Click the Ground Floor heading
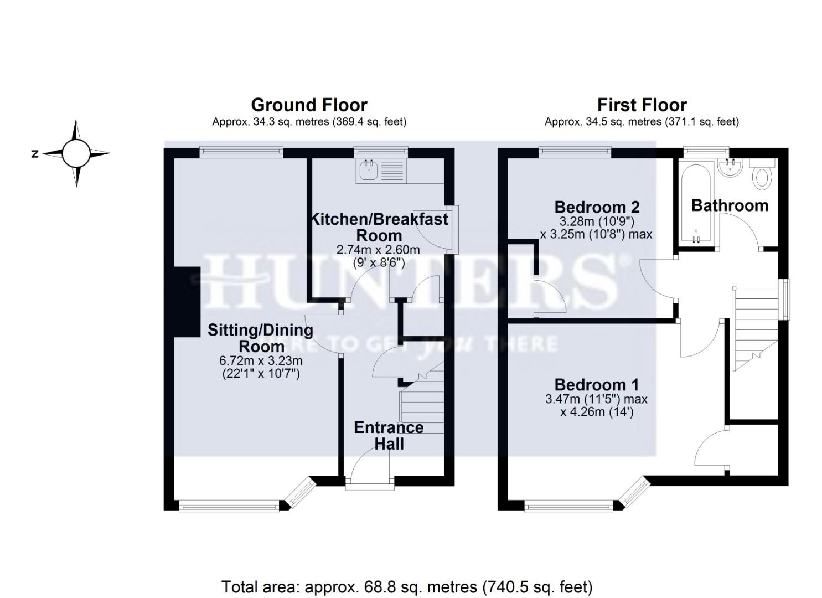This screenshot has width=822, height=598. click(x=309, y=105)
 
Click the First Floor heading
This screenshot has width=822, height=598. click(x=642, y=105)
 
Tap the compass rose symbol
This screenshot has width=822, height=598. click(x=76, y=153)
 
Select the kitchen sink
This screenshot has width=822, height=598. click(x=368, y=171)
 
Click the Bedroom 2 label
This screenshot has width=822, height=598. click(x=597, y=207)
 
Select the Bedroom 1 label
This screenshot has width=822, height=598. click(x=596, y=384)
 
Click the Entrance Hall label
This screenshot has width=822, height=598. click(x=389, y=435)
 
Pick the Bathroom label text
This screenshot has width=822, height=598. click(x=730, y=205)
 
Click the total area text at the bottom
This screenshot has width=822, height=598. click(x=407, y=586)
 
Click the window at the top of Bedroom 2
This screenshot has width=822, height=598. click(x=575, y=150)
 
